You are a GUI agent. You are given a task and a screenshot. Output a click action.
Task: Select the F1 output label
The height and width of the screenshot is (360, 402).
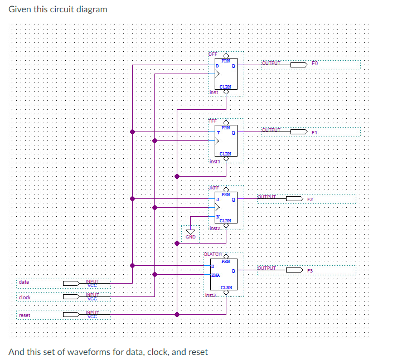tap(314, 132)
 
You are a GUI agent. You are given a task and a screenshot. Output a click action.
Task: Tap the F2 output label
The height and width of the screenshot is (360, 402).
tap(311, 199)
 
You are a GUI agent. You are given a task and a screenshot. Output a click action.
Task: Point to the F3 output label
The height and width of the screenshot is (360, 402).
tap(311, 270)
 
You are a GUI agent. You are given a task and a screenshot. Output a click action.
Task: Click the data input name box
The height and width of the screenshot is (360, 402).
tap(24, 283)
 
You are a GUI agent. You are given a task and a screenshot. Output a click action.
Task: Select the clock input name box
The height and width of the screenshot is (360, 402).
tap(25, 298)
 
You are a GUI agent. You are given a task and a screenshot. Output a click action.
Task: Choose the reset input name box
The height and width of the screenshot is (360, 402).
tap(25, 315)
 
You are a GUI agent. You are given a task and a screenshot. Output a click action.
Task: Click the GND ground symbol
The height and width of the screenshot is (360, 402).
tap(191, 232)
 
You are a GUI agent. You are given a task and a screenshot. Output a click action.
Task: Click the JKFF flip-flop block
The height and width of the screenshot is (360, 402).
tap(226, 207)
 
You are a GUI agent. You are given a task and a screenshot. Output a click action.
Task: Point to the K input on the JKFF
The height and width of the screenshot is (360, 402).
tap(218, 217)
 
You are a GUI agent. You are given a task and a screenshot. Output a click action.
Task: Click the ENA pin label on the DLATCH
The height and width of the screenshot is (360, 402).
tap(216, 275)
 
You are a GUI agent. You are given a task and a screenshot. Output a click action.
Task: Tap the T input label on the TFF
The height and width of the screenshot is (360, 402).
tap(218, 132)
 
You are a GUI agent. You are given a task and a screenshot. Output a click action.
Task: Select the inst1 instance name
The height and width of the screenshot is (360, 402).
tap(215, 161)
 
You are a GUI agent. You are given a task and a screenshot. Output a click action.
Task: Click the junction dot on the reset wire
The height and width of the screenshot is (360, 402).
tap(177, 315)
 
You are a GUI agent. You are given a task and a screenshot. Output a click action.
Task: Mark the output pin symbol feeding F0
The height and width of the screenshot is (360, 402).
tap(298, 65)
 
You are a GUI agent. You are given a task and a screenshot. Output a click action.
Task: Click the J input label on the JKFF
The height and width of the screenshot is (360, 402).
tap(218, 199)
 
